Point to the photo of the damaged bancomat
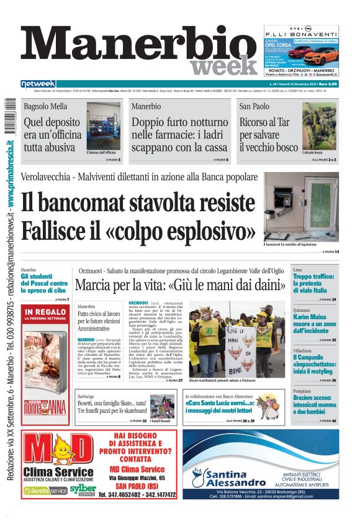tap(310, 207)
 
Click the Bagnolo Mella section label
tap(45, 106)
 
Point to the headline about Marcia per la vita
tap(181, 286)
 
